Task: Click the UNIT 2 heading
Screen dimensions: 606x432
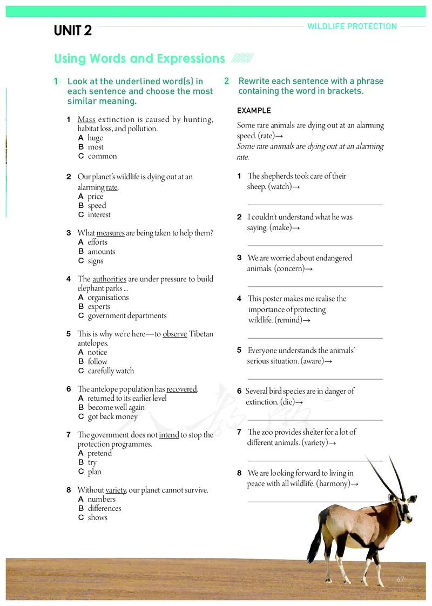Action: tap(73, 31)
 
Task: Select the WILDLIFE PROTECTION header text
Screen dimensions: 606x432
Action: tap(352, 26)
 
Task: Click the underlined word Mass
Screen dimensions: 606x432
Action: tap(86, 119)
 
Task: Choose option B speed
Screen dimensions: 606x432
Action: tap(97, 206)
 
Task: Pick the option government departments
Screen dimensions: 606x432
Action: tap(127, 316)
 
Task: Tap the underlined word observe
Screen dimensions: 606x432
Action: tap(174, 334)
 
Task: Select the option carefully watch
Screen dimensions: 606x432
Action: tap(111, 371)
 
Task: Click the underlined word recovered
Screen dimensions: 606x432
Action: tap(181, 389)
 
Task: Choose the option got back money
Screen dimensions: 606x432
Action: tap(112, 416)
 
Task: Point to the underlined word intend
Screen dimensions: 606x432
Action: tap(169, 435)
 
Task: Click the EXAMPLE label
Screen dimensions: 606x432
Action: tap(254, 111)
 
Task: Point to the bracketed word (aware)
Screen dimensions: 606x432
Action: tap(312, 361)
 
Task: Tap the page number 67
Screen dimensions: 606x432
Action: tap(400, 579)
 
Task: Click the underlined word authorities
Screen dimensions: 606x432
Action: tap(109, 279)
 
